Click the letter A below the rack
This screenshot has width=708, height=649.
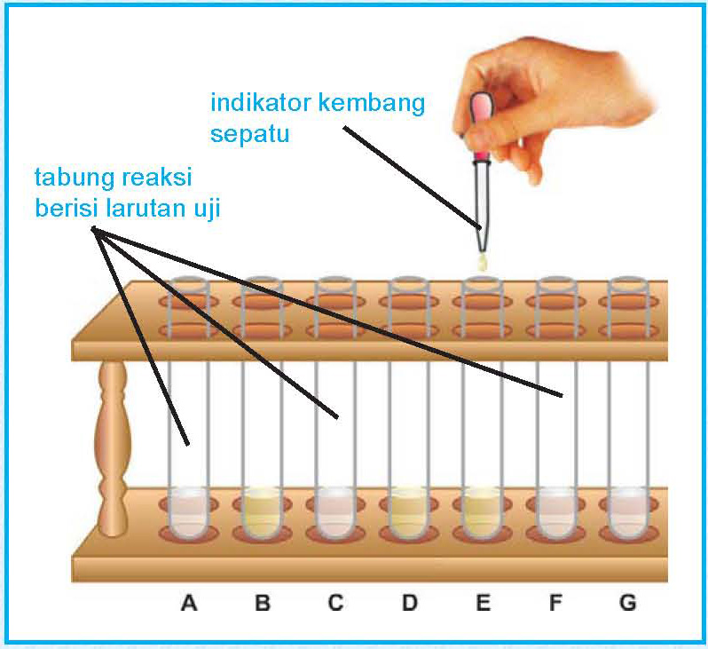click(x=188, y=604)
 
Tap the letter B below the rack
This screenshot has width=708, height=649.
click(x=262, y=604)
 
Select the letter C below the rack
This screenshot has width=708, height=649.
click(x=334, y=604)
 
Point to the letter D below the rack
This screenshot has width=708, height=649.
click(x=409, y=604)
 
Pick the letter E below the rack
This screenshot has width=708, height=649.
click(x=483, y=604)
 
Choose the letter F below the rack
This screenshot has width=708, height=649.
click(x=555, y=604)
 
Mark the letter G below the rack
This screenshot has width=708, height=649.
click(x=627, y=604)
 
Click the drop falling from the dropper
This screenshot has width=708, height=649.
click(x=483, y=263)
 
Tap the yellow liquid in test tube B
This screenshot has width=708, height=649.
click(x=262, y=515)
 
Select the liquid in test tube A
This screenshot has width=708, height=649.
click(x=188, y=515)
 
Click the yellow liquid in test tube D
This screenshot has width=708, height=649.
click(x=409, y=515)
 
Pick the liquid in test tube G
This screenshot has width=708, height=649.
click(x=627, y=515)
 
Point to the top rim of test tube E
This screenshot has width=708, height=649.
click(x=483, y=282)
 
